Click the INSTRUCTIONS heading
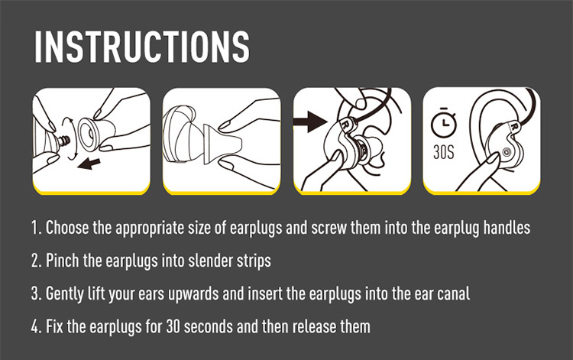[142, 47]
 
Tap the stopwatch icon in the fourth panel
[444, 123]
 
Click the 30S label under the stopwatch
[444, 152]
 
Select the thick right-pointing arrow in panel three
[311, 122]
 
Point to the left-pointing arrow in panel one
[89, 164]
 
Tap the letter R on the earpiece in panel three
[345, 124]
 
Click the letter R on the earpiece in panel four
[514, 126]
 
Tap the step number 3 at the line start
[35, 294]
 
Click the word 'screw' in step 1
[329, 228]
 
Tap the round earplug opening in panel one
[87, 135]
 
